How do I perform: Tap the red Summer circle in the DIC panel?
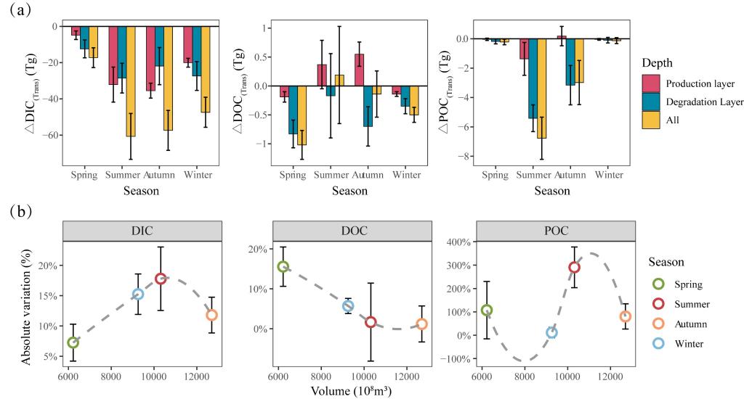pyautogui.click(x=161, y=279)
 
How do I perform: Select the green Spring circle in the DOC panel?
pyautogui.click(x=283, y=267)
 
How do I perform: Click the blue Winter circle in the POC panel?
pyautogui.click(x=551, y=333)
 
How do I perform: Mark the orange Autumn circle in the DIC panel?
pyautogui.click(x=211, y=316)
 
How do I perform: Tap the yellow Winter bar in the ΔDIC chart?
pyautogui.click(x=205, y=69)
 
